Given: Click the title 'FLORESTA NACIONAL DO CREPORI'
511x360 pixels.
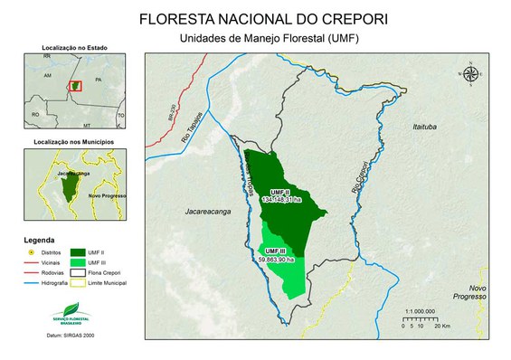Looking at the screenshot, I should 254,18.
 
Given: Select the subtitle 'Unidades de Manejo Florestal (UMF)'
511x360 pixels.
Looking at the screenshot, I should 255,38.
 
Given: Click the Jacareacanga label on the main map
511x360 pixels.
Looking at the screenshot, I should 194,218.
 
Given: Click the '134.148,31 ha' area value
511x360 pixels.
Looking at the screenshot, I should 283,199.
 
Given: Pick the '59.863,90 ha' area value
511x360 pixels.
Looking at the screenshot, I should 277,260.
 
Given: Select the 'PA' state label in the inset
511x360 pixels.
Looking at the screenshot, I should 97,80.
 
